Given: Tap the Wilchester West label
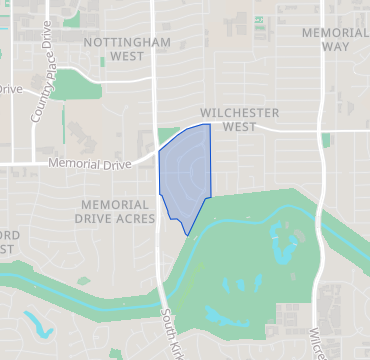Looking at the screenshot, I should click(238, 120).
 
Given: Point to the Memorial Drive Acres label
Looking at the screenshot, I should click(117, 211).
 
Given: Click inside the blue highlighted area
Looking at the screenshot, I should click(186, 175).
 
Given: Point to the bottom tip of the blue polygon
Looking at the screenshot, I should click(187, 236).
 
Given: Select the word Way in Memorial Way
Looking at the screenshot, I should click(335, 47).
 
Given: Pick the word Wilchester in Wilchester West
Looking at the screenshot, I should click(238, 113).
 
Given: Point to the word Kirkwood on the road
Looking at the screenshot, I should click(171, 340).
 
